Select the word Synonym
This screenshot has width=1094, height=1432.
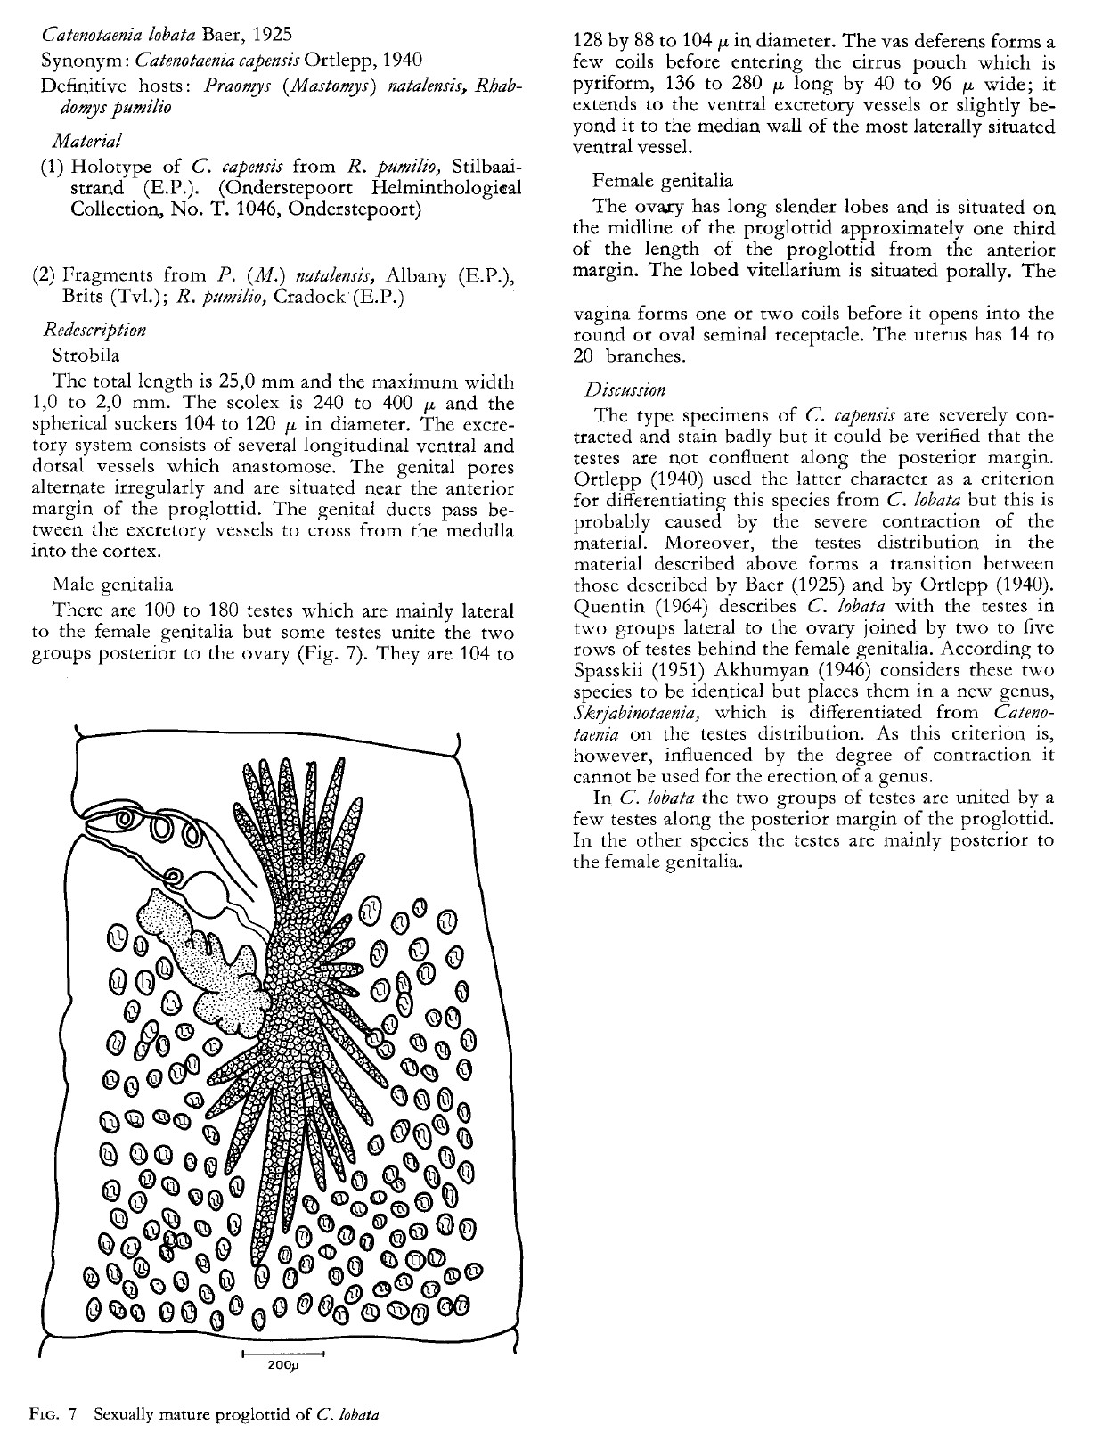pos(77,61)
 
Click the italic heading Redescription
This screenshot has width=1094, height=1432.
pos(95,330)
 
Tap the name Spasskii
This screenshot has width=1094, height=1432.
pos(609,670)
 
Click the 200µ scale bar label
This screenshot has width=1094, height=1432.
pos(282,1366)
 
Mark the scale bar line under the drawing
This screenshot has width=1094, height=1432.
pos(282,1354)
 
